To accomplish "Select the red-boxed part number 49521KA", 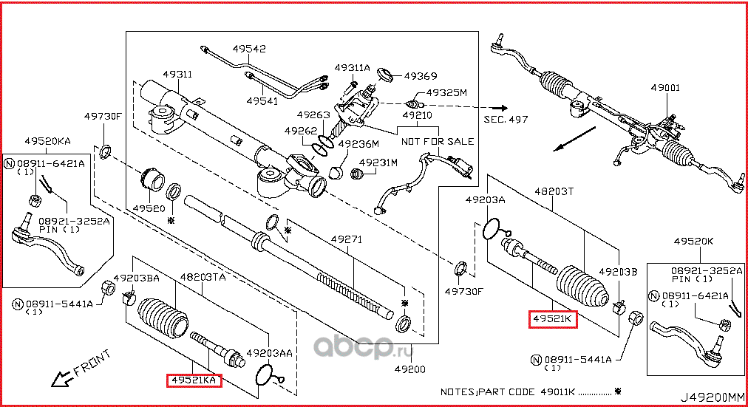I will point(194,380).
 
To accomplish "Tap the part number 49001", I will point(665,86).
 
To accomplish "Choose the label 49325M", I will point(449,93).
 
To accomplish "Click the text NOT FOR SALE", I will point(438,141).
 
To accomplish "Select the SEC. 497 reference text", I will point(506,119).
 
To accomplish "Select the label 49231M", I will point(378,162).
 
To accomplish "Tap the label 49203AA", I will point(270,353).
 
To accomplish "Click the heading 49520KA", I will point(48,140).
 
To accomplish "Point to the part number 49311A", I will point(352,67).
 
